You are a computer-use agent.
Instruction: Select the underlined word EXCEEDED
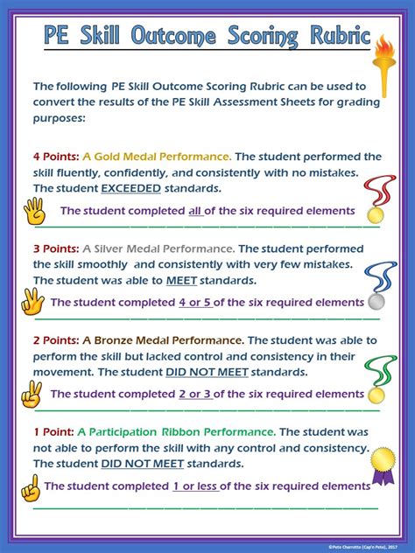[x=130, y=188]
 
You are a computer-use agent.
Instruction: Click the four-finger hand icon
[x=34, y=210]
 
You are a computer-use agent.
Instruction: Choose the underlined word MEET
[x=181, y=280]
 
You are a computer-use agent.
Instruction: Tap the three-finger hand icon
[x=32, y=303]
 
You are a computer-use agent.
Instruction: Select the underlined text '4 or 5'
[x=194, y=303]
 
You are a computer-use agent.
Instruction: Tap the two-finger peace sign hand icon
[x=32, y=395]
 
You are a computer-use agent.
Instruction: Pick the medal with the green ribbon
[x=378, y=379]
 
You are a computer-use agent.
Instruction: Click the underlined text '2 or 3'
[x=194, y=395]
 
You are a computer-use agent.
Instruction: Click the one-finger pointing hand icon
[x=30, y=486]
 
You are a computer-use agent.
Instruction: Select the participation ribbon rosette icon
[x=382, y=465]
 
